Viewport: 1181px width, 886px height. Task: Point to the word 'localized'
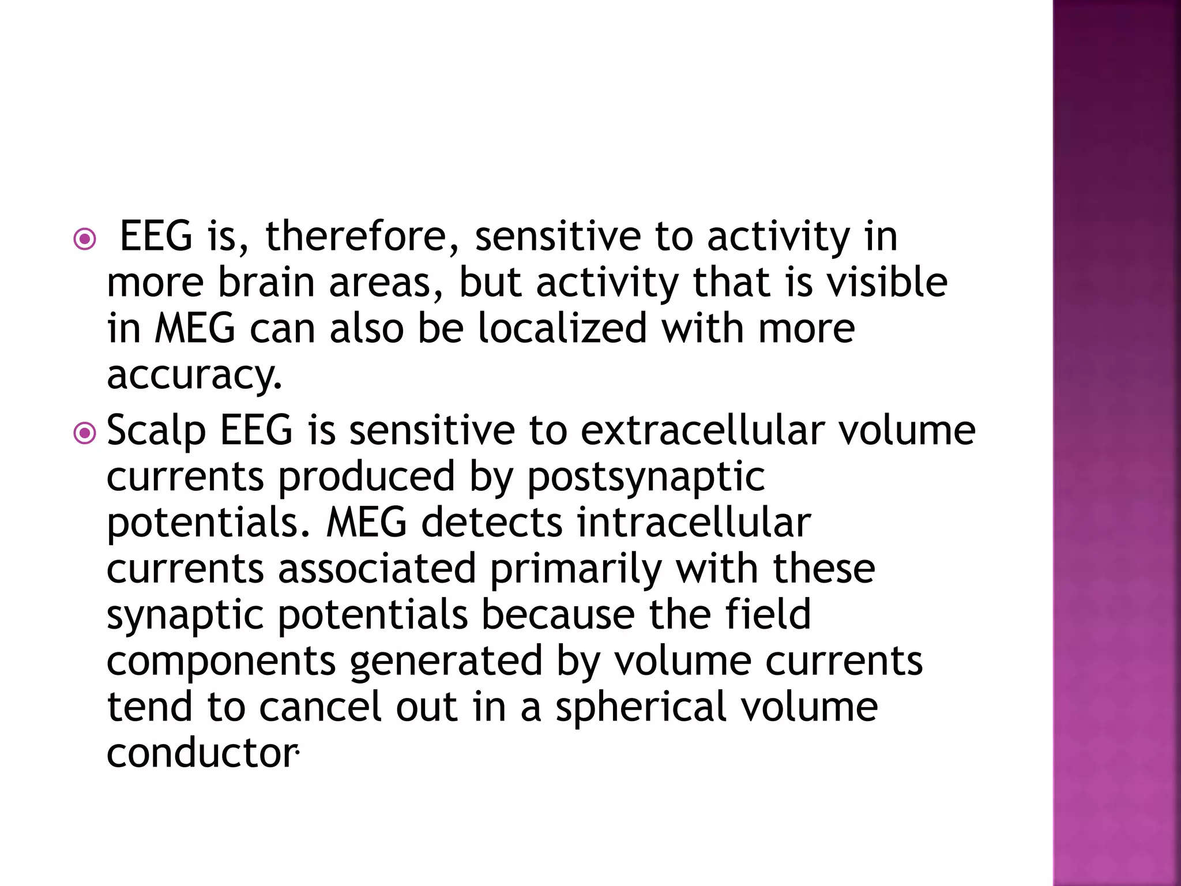[562, 329]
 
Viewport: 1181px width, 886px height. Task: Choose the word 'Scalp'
[156, 431]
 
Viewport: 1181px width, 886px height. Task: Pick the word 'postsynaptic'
[646, 478]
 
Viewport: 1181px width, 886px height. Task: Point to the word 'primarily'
[576, 570]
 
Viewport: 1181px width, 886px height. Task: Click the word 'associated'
[377, 569]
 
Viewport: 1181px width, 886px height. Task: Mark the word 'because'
[558, 615]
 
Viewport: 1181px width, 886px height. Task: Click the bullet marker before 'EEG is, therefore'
[85, 239]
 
